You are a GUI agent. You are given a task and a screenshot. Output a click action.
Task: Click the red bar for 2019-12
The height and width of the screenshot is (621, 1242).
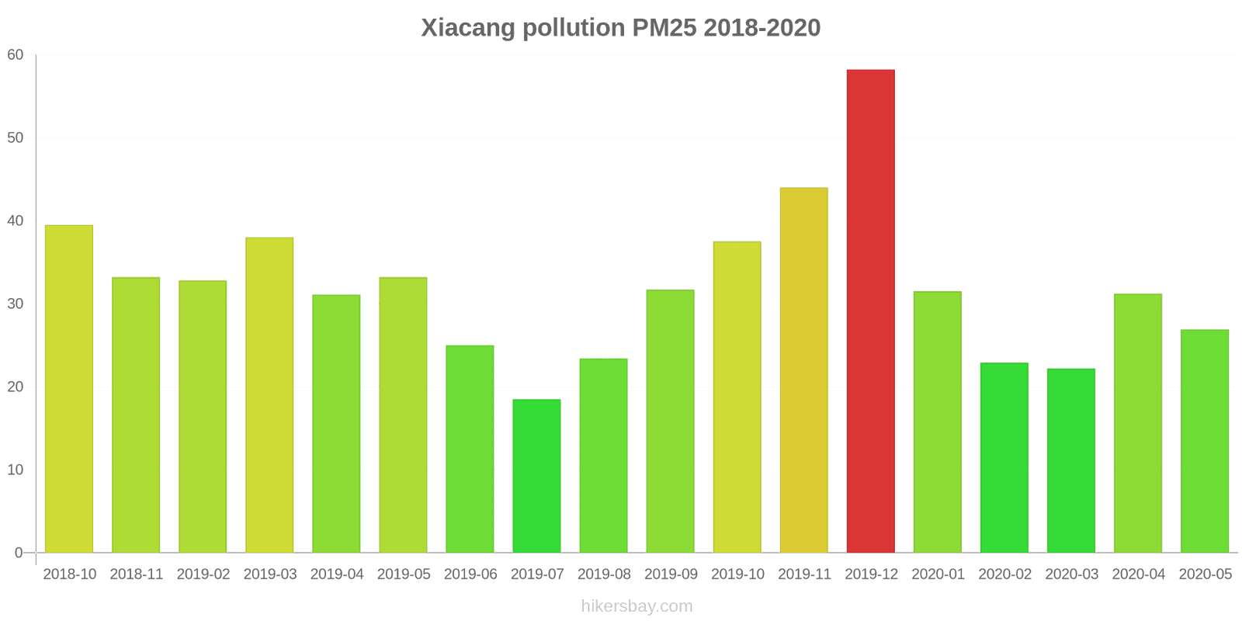[870, 310]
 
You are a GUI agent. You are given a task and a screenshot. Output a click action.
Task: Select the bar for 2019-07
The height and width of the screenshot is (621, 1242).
[536, 476]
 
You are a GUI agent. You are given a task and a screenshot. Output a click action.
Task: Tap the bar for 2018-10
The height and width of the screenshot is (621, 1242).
[69, 388]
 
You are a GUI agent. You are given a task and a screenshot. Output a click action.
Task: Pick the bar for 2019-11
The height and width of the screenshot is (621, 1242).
[803, 370]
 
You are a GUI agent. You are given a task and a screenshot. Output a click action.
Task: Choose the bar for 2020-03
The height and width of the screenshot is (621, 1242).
[1070, 460]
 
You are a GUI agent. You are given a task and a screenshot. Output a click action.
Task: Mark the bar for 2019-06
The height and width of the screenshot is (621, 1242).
[470, 449]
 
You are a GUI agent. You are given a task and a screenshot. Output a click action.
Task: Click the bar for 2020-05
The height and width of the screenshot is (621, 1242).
[1204, 441]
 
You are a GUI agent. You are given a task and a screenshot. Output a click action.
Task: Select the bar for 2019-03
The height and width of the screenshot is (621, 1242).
[269, 394]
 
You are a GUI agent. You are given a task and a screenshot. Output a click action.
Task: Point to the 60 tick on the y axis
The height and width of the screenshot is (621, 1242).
[16, 55]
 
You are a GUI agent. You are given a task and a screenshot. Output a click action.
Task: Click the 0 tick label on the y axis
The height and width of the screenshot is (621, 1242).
[19, 553]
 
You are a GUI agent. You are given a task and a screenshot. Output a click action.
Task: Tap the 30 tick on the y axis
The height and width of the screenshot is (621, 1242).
[16, 304]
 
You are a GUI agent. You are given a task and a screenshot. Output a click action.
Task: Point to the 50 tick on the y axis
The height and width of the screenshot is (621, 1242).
[16, 138]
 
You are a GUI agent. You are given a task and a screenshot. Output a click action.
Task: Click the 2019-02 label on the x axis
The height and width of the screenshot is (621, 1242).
[203, 574]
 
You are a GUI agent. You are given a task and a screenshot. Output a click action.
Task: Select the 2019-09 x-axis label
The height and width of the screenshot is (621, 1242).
[671, 574]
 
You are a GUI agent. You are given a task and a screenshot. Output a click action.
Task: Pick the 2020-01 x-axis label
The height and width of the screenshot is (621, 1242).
[938, 574]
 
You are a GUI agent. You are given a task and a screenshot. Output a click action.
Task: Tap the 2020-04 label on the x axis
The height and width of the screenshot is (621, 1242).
[1138, 574]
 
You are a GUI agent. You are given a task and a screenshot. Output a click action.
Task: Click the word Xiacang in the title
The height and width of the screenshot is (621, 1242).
[468, 28]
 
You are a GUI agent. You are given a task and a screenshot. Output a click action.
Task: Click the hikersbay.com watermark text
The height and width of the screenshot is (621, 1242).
[637, 606]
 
